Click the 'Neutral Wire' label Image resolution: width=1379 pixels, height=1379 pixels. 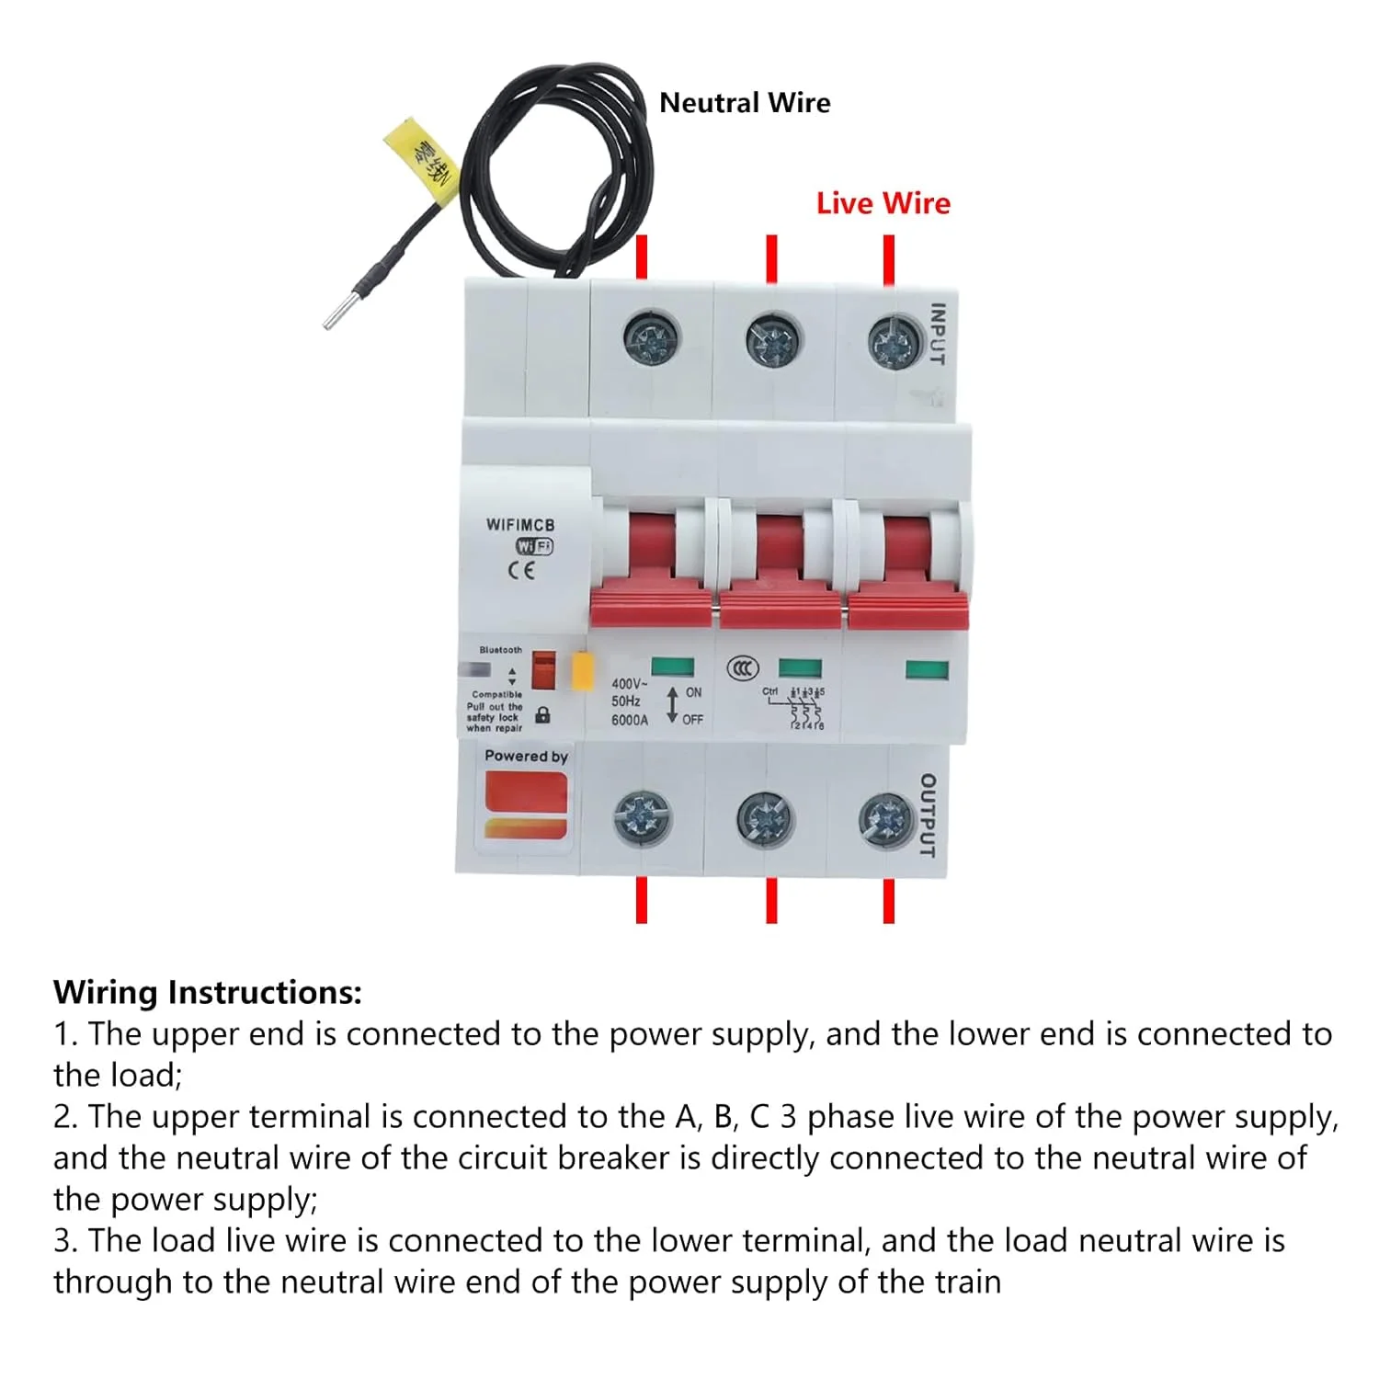[745, 103]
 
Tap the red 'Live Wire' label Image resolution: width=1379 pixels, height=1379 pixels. [883, 203]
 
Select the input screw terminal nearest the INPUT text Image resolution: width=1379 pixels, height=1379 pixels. [894, 342]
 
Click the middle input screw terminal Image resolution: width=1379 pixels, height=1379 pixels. [771, 341]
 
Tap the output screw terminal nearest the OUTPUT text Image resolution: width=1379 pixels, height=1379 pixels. [885, 820]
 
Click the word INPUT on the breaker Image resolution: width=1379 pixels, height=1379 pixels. [938, 334]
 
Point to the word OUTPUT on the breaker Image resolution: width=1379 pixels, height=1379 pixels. [928, 815]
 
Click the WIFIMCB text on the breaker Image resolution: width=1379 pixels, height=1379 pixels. [520, 525]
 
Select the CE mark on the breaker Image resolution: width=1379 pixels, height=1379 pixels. [521, 570]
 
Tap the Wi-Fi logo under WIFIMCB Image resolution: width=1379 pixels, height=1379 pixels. [534, 547]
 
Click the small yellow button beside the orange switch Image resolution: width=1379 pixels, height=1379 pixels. [582, 671]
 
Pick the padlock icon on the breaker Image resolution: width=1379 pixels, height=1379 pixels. [543, 714]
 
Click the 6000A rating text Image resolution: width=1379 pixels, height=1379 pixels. [630, 720]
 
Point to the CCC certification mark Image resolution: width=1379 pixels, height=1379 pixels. [743, 668]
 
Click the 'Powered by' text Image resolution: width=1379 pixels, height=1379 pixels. [526, 757]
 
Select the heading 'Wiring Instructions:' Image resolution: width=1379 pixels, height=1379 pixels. [208, 993]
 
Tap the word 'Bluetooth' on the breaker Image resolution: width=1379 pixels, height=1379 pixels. [500, 650]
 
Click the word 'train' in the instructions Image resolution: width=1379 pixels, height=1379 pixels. [967, 1282]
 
